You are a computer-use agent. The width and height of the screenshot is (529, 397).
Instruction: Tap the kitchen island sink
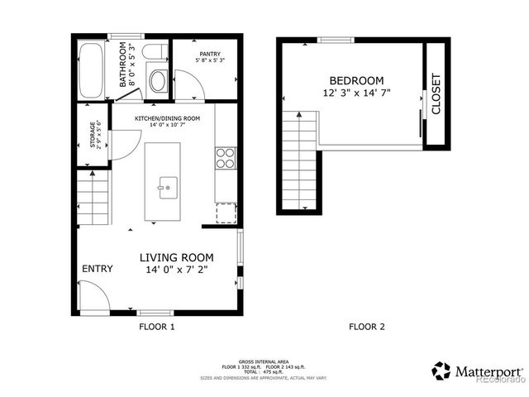click(x=166, y=187)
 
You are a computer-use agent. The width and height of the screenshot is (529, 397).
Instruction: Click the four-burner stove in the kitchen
click(x=225, y=158)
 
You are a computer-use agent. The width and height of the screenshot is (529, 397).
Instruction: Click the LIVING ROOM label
click(x=176, y=257)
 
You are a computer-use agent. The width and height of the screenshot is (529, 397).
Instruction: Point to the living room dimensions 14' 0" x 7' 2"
click(x=176, y=270)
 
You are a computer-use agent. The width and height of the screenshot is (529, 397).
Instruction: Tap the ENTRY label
click(x=97, y=269)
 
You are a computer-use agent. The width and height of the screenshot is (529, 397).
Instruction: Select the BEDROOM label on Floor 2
click(x=356, y=80)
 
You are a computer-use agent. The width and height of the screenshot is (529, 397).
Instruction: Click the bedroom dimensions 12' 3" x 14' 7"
click(x=356, y=93)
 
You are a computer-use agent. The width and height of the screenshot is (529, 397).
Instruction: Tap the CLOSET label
click(x=436, y=94)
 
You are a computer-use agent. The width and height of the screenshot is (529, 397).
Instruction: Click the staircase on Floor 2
click(x=299, y=160)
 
